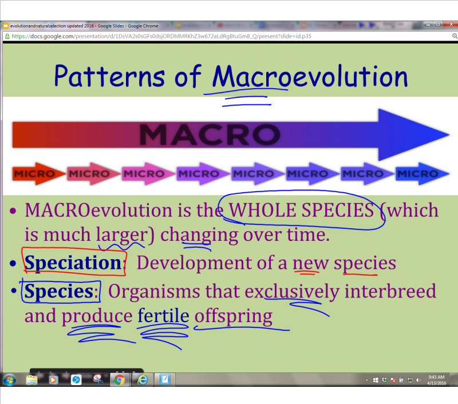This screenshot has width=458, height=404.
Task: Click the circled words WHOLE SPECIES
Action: tap(301, 211)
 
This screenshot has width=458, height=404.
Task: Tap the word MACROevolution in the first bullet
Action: tap(97, 211)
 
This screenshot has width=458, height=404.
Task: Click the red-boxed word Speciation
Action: tap(73, 263)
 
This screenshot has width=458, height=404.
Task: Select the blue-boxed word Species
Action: tap(59, 291)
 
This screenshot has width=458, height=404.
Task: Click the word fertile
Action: tap(163, 316)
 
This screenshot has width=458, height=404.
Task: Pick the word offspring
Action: tap(233, 316)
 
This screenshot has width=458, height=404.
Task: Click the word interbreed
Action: tap(390, 291)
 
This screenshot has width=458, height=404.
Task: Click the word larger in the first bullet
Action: tap(121, 235)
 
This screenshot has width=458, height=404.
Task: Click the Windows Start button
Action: tap(10, 379)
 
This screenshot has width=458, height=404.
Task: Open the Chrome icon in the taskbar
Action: tap(120, 379)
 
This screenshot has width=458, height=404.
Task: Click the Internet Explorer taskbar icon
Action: tap(143, 379)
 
